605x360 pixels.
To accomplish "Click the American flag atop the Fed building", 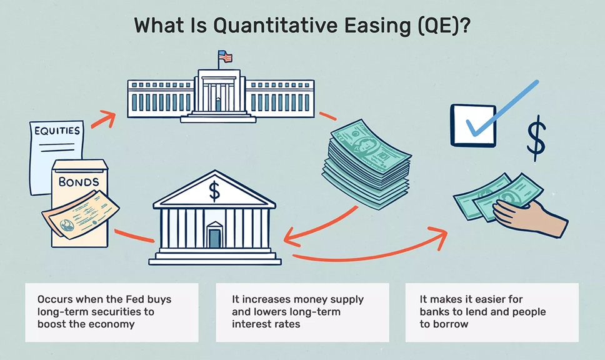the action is click(x=225, y=56).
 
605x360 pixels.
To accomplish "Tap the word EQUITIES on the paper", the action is click(x=57, y=131).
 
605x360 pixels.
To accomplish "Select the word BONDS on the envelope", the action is click(x=79, y=182).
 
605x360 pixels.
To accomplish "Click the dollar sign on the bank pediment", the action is click(x=214, y=191).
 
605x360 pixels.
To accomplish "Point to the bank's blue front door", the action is click(x=214, y=238).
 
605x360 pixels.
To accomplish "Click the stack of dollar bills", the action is click(x=366, y=164).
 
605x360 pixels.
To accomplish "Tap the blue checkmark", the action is click(x=502, y=108).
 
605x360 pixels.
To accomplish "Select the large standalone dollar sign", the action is click(x=536, y=138).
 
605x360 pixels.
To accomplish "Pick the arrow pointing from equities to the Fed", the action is click(x=103, y=119).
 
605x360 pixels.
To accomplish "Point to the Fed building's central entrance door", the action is click(x=218, y=103).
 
